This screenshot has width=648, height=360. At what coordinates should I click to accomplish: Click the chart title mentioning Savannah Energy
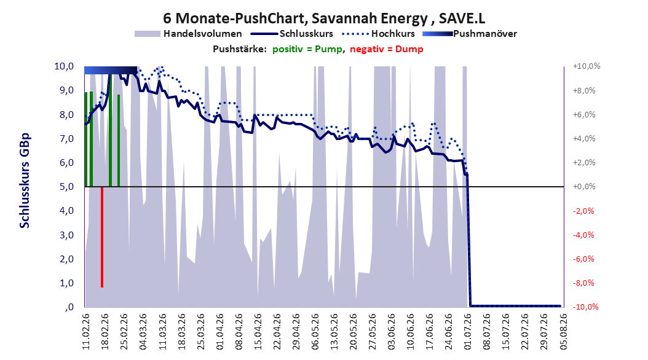click(x=324, y=18)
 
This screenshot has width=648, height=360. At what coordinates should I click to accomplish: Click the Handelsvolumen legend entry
click(x=189, y=34)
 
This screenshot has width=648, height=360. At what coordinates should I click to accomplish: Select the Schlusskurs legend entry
click(x=291, y=34)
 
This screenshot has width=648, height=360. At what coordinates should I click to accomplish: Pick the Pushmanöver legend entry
click(x=470, y=34)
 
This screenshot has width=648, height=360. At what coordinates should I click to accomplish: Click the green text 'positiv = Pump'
click(x=307, y=49)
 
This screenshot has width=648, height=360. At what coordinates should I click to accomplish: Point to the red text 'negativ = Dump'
click(x=387, y=49)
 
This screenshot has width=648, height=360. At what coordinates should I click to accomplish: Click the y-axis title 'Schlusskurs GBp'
click(x=25, y=181)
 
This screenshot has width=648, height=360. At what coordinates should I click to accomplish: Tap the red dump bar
click(x=101, y=237)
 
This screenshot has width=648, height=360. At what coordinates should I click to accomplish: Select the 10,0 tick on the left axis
click(x=64, y=66)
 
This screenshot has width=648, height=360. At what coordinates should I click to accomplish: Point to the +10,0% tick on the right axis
click(x=587, y=66)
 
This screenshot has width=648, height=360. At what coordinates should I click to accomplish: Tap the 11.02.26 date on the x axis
click(x=86, y=332)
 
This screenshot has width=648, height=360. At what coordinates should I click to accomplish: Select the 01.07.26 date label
click(x=468, y=332)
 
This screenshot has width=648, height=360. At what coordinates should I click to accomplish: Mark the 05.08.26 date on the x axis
click(x=563, y=332)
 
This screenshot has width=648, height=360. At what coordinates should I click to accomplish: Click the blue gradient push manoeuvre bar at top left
click(x=110, y=70)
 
